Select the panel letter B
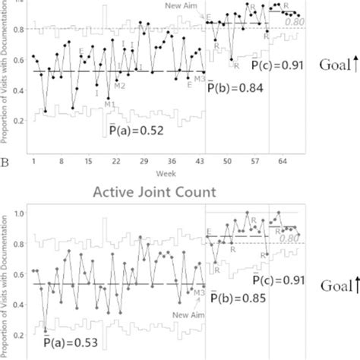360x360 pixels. (6, 161)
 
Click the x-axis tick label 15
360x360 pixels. (88, 162)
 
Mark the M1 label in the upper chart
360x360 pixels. (110, 103)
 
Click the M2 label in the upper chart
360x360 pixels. (120, 85)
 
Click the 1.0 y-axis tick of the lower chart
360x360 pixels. (18, 215)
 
